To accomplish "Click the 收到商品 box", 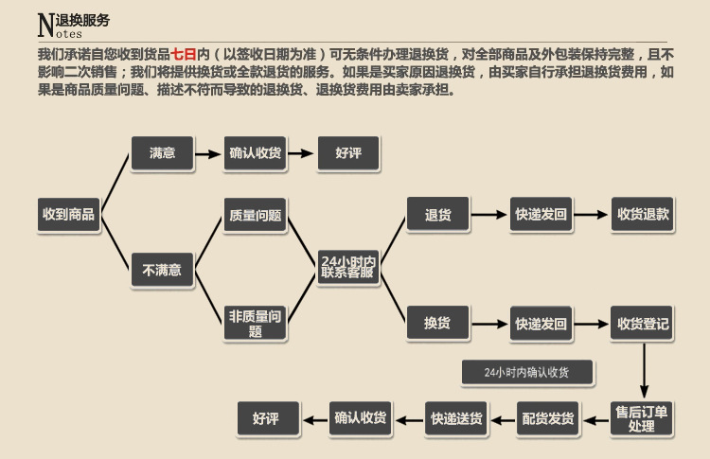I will (x=68, y=215).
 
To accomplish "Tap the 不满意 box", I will (x=162, y=270).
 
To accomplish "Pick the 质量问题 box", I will (x=255, y=215).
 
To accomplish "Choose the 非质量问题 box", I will (x=255, y=324).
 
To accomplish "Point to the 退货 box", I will (x=437, y=215).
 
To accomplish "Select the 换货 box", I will (x=437, y=324).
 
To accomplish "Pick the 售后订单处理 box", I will (x=641, y=418).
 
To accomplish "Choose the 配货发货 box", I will (x=548, y=418).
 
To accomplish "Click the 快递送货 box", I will (x=456, y=418).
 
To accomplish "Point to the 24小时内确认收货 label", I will (x=526, y=372).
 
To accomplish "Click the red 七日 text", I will (x=183, y=54).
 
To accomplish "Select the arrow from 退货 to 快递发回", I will (x=489, y=215).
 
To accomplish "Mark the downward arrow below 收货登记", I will (x=644, y=369).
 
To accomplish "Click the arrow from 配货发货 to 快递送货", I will (x=502, y=418).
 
